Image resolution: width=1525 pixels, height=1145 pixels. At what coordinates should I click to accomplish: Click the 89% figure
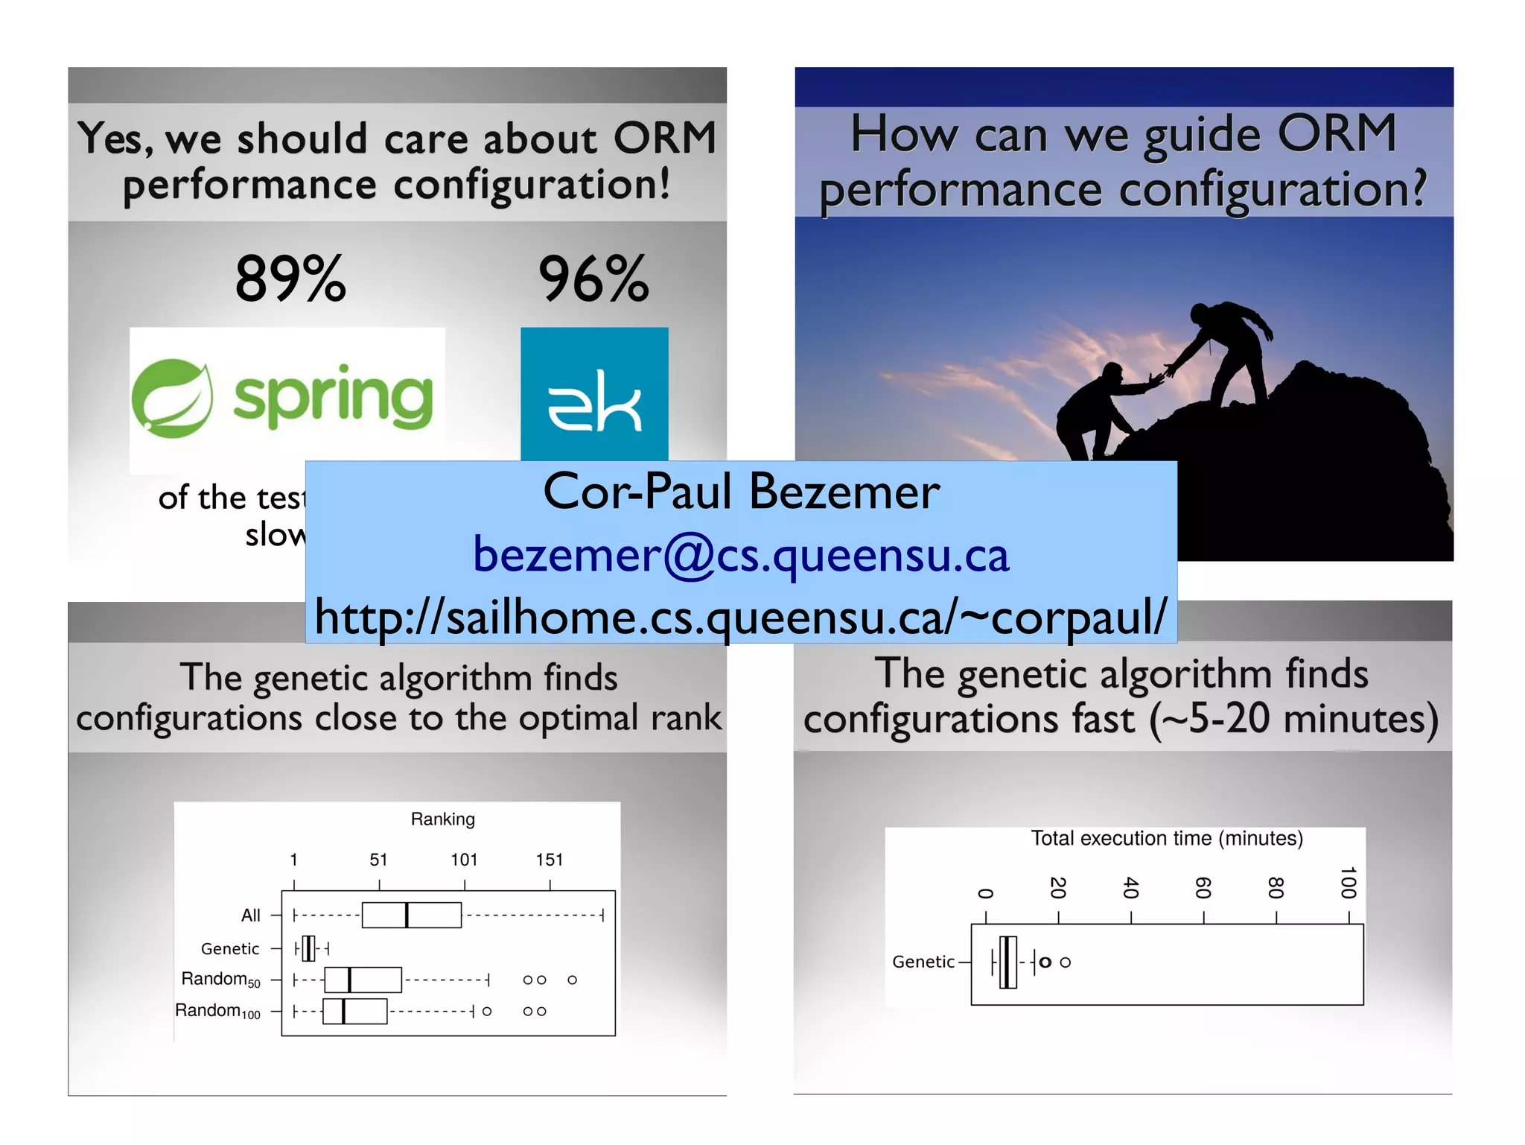pos(290,279)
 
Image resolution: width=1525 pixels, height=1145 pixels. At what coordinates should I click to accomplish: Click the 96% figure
pos(593,279)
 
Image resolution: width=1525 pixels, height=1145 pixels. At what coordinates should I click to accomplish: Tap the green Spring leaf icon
pos(172,398)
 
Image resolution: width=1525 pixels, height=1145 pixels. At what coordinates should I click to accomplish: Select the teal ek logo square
pos(594,393)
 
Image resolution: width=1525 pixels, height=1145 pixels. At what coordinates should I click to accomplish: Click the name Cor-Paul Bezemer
pos(741,492)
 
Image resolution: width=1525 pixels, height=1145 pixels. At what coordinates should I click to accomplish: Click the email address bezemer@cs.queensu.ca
pos(741,555)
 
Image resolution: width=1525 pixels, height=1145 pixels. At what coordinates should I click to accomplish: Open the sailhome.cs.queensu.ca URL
pos(741,617)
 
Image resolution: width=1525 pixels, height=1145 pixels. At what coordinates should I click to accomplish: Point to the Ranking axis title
pos(442,819)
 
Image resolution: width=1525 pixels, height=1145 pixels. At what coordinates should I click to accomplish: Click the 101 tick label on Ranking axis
pos(464,860)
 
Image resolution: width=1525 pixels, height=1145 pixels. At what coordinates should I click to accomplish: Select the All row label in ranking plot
pos(251,915)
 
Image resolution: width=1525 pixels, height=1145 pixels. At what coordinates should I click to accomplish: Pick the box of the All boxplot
pos(411,915)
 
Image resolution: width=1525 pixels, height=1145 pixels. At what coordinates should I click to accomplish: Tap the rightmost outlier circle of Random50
pos(572,980)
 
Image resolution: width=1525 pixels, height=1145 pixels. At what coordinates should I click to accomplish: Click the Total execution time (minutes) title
pos(1166,838)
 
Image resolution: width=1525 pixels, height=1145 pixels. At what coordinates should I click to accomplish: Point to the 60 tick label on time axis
pos(1203,888)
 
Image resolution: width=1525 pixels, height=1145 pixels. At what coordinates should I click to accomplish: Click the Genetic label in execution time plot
pos(923,962)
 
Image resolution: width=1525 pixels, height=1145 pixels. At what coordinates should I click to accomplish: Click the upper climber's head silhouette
pos(1200,312)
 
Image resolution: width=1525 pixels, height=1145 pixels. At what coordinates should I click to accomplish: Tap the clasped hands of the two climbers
pos(1159,377)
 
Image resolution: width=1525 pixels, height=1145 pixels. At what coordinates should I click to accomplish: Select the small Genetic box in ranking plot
pos(308,948)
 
